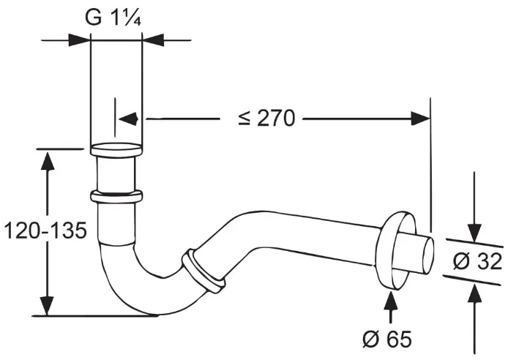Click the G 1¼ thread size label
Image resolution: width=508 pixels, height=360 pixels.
113,18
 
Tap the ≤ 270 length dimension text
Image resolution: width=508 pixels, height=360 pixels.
266,118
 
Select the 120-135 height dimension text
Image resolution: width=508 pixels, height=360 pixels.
45,230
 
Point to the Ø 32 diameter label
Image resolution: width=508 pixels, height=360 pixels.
477,261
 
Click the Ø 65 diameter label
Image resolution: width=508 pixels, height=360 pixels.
387,340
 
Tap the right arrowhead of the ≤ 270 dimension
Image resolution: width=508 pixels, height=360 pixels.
420,119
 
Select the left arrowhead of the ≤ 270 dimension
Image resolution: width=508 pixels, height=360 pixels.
128,119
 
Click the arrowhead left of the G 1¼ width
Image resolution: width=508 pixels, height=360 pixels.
79,40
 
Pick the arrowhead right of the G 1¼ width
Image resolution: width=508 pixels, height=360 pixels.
153,40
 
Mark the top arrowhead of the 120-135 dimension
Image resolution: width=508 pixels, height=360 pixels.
48,160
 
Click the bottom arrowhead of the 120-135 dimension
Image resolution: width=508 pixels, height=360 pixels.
48,305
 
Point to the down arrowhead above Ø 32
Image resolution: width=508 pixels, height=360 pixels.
474,232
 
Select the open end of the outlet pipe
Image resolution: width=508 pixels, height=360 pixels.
428,255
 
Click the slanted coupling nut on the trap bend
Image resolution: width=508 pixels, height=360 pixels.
203,271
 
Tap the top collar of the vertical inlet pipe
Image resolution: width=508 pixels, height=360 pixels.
116,150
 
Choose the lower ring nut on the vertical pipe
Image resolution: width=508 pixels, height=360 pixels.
116,197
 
